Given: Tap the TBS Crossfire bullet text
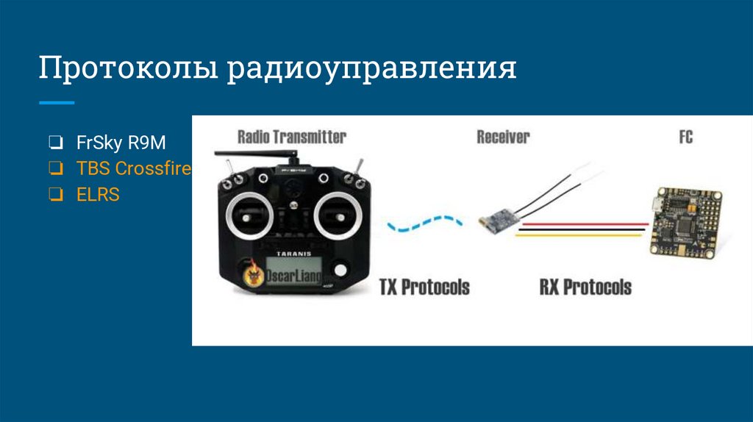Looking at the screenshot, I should (x=133, y=168).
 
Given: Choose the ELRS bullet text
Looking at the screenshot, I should (x=98, y=195).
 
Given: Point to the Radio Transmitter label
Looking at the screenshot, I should (x=291, y=137).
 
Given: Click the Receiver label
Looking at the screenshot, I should (x=503, y=137).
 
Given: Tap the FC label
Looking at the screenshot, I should (x=685, y=137).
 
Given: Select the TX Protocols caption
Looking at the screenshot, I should (x=424, y=286).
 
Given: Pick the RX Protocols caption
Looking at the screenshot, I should (x=585, y=286).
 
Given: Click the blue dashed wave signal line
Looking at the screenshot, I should (x=426, y=223).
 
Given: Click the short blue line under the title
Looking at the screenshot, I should (x=57, y=102).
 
